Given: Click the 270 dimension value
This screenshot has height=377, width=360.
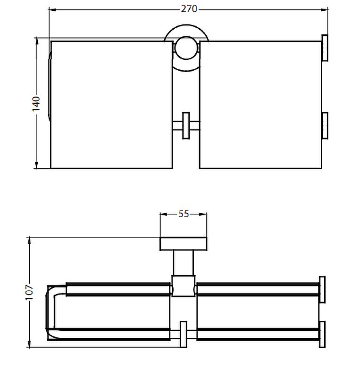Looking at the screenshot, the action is coord(189,9).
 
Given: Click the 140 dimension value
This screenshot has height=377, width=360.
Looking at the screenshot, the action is coord(36,104).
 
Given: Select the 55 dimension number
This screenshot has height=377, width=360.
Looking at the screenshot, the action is coord(184,214).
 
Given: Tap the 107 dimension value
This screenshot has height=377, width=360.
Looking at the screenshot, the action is coord(29,292).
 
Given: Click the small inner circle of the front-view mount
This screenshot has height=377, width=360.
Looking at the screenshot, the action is coord(186,48).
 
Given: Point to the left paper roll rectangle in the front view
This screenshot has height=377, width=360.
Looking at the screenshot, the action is coord(112,105).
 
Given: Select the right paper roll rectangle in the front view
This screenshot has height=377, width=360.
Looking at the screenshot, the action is coord(260,105).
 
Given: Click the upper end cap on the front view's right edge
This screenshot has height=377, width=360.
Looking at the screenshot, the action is coord(325,48).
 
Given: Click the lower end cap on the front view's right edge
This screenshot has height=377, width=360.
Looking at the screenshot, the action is coord(325,125).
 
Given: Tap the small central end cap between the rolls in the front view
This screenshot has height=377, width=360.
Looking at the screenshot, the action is coord(186,125).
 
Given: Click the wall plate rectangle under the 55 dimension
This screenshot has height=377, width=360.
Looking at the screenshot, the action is coord(183,244).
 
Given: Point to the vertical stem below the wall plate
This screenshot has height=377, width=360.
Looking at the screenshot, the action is coord(183,263).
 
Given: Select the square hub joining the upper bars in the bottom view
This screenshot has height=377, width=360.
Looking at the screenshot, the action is coord(183,286).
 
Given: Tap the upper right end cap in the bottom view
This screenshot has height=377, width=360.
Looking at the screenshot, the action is coord(322,289).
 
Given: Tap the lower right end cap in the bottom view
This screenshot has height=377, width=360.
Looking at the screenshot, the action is coord(322,334).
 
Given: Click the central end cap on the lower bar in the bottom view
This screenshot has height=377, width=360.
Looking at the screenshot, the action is coord(184,334).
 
